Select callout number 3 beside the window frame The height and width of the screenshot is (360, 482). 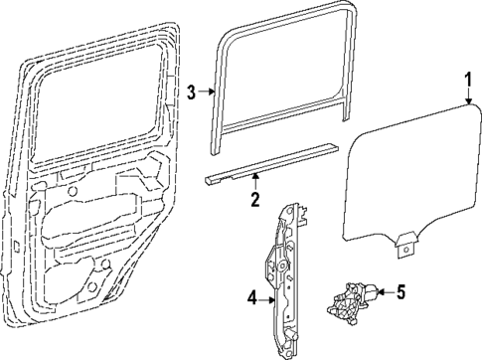coord(193,92)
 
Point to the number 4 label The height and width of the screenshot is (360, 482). coord(252,296)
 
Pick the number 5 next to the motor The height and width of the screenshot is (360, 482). coord(401,292)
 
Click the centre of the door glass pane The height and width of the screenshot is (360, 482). coord(407,179)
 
